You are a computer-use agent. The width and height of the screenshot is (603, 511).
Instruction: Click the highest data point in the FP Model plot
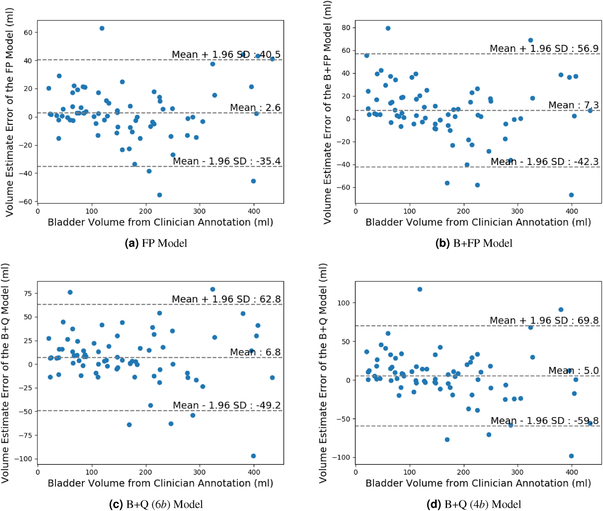click(x=102, y=28)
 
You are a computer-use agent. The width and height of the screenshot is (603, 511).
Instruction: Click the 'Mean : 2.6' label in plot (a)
click(x=255, y=107)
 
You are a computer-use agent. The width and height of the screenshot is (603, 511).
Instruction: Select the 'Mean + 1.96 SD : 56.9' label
click(x=544, y=48)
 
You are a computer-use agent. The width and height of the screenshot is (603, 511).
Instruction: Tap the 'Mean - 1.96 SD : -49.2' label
click(x=226, y=405)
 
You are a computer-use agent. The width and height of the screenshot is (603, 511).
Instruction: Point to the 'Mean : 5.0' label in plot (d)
click(x=573, y=370)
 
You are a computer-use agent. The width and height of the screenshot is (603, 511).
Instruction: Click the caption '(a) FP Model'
click(x=156, y=243)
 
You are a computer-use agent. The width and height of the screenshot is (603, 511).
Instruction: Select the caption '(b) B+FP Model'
click(x=474, y=243)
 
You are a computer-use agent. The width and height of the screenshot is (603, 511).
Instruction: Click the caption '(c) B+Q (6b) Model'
click(x=156, y=504)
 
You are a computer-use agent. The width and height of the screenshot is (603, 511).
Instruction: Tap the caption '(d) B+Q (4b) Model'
click(x=474, y=504)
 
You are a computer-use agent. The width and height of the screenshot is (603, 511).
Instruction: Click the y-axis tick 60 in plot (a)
click(x=28, y=32)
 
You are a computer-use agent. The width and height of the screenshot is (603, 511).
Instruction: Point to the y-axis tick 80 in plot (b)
click(x=346, y=28)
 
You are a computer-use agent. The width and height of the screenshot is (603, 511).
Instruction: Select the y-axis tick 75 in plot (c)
click(x=28, y=293)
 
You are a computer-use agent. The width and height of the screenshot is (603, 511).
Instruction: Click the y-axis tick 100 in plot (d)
click(x=344, y=303)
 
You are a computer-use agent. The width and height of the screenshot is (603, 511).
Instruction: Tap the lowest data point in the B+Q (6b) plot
click(x=253, y=456)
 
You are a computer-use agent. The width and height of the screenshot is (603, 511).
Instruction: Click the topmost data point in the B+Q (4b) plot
click(x=420, y=289)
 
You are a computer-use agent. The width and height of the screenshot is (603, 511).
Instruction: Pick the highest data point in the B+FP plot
click(x=388, y=28)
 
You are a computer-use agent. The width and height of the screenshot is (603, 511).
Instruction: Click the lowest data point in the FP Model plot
click(x=159, y=195)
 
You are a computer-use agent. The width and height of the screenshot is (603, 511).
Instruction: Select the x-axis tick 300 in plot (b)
click(x=517, y=211)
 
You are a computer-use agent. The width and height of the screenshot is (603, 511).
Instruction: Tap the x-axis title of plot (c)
click(x=160, y=483)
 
